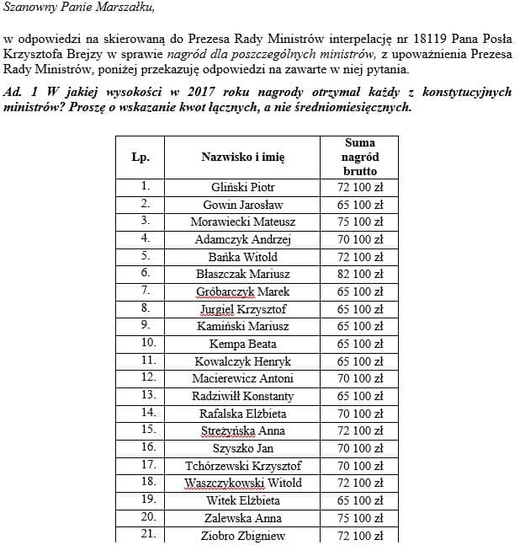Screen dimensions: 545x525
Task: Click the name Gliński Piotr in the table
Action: (x=242, y=187)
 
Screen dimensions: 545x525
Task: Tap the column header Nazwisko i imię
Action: (x=242, y=157)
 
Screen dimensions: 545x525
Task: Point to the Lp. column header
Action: (x=141, y=157)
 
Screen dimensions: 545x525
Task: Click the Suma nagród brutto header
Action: (x=359, y=157)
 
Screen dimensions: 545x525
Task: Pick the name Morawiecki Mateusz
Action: (x=242, y=222)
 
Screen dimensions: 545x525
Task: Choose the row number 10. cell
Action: (x=147, y=343)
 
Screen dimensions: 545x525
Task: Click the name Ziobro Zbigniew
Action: (x=242, y=535)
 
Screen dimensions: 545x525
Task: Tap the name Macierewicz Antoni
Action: (x=242, y=378)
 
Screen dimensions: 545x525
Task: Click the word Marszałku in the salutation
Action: (x=125, y=8)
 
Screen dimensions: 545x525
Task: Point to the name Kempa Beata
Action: (x=242, y=344)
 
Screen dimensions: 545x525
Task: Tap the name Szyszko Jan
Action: (x=242, y=448)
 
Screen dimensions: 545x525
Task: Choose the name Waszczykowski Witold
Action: (x=242, y=483)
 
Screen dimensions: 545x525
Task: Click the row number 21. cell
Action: (x=147, y=534)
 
